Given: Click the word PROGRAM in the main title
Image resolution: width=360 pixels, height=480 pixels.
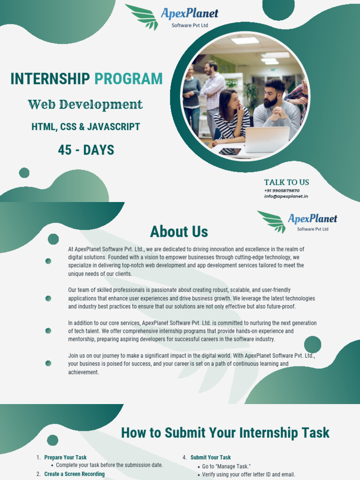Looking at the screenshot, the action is coord(128,79).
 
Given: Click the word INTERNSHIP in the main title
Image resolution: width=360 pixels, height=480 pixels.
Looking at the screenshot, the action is coord(50,79).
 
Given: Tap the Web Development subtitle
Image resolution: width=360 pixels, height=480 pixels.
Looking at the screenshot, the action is coord(85,105).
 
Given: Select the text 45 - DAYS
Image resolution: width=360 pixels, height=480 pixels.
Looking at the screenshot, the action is coord(86,150).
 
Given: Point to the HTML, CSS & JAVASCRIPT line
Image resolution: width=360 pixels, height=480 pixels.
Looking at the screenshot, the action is coord(86,127).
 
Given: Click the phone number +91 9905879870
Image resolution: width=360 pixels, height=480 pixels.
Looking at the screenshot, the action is coord(282,190).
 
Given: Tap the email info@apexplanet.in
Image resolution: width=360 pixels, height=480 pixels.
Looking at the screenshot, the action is coord(286,196).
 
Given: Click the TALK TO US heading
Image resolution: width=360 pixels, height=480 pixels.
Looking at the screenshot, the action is coord(286,182).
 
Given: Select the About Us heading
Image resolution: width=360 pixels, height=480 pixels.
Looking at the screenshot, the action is coord(179,232).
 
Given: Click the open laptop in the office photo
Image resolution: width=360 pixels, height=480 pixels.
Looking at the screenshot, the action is coord(267,139).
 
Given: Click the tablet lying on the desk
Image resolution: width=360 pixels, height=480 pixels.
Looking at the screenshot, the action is coord(230,151).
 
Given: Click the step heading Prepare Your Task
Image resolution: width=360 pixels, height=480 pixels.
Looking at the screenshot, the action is coord(66,457).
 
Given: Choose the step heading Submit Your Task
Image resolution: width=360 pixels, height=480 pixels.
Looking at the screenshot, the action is coord(210,457).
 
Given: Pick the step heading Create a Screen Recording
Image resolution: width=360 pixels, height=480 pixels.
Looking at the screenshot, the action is coord(75,474).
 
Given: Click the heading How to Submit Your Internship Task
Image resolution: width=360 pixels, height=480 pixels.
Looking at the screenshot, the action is coord(225,433).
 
